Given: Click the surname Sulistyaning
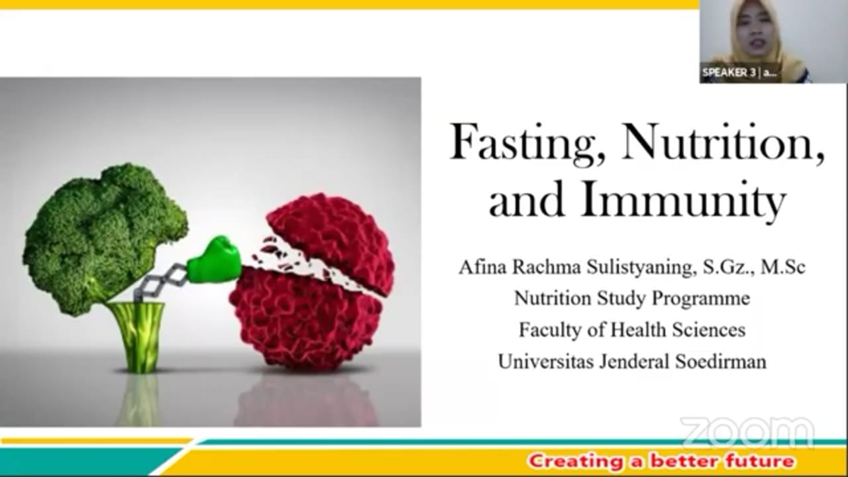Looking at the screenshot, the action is pos(641,268).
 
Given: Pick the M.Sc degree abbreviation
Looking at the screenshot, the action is pos(783,267).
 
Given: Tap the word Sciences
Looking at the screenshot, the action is pos(708,329).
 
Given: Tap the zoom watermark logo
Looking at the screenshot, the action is pos(748,432).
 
